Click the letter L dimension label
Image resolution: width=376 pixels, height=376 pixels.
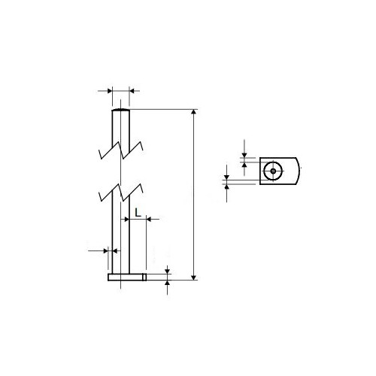point(138,213)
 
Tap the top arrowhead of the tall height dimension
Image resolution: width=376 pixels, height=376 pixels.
point(193,111)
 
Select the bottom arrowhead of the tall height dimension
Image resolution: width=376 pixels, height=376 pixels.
point(193,277)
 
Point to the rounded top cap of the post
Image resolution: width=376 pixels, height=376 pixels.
point(121,110)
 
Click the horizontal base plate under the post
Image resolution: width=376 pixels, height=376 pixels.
point(126,277)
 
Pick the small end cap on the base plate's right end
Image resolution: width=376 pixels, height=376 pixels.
point(144,277)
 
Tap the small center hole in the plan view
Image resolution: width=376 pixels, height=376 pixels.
point(273,171)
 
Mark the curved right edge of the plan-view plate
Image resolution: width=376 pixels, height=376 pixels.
point(298,171)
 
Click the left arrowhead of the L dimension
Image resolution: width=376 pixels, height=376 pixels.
point(127,220)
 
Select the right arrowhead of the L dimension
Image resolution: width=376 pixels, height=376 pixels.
point(149,220)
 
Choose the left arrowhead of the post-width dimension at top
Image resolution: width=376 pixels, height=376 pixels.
point(110,91)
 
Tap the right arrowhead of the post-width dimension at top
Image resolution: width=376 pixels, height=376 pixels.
point(132,91)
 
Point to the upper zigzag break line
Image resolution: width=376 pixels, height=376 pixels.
point(121,150)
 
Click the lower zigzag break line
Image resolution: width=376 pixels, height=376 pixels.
point(121,193)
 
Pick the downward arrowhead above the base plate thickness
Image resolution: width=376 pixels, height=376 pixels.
point(168,271)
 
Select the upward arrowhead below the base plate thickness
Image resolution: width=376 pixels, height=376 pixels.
point(168,283)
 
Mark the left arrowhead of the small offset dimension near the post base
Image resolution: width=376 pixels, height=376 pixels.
point(106,250)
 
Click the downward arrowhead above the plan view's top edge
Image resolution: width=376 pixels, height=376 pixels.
point(244,155)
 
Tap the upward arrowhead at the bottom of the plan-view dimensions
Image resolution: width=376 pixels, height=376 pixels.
point(227,187)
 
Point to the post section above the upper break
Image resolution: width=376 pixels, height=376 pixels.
point(121,130)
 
